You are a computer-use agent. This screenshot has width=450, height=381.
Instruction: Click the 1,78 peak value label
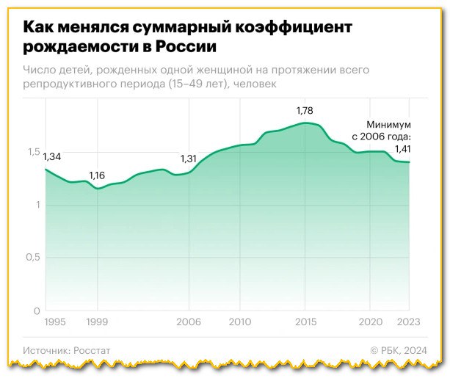click(305, 111)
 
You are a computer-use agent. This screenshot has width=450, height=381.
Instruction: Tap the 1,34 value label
click(51, 157)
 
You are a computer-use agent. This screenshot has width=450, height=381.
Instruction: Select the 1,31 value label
click(190, 159)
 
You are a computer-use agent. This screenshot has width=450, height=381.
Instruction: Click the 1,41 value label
click(403, 150)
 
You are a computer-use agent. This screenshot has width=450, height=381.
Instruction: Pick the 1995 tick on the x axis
click(55, 322)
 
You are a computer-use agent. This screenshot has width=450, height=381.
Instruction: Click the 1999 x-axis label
click(98, 322)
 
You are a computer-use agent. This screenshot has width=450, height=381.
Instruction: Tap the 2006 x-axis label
click(190, 322)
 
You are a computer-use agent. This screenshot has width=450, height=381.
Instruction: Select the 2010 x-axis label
click(240, 322)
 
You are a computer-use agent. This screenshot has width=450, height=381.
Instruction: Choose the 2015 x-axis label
click(305, 322)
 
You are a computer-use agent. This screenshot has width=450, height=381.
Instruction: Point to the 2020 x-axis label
click(371, 322)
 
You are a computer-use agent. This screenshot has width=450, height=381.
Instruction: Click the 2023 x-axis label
click(408, 322)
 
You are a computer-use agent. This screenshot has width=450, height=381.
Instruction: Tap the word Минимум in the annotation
click(389, 125)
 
